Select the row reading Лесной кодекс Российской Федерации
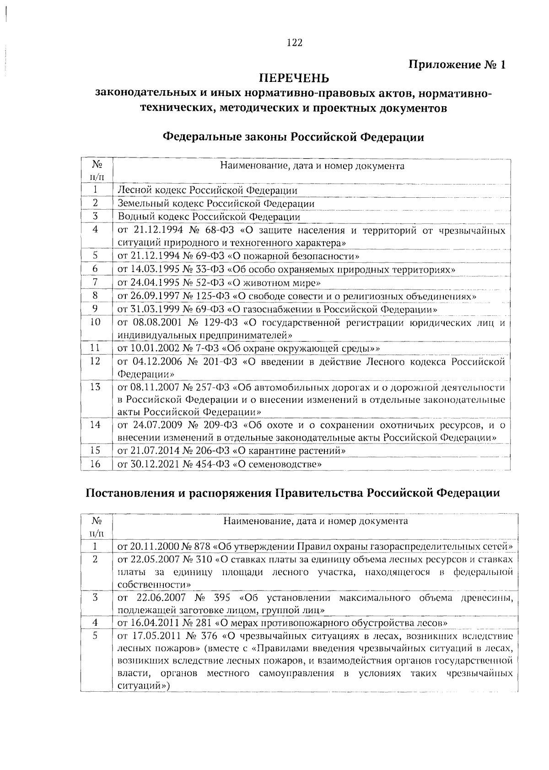[207, 190]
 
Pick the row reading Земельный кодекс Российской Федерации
[216, 203]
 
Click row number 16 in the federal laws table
[95, 464]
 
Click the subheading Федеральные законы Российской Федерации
[293, 137]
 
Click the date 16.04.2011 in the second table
[151, 623]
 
